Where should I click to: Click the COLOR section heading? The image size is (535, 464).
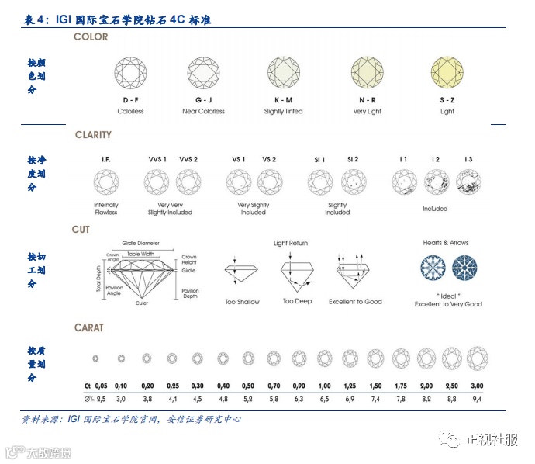(91, 36)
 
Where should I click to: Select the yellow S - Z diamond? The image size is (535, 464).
(447, 73)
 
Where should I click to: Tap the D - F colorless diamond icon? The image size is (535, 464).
(130, 73)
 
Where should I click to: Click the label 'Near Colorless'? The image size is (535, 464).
(203, 112)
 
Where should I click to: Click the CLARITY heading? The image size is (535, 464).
(93, 135)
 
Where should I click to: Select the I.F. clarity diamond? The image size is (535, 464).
(106, 182)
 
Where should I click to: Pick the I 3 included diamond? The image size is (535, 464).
(468, 182)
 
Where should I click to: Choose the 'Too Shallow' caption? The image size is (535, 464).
(242, 302)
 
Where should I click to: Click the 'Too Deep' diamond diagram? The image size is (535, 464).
(297, 272)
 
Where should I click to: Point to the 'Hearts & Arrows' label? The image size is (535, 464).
(446, 243)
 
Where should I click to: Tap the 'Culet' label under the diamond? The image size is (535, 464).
(141, 303)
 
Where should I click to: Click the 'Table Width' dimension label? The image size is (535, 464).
(140, 254)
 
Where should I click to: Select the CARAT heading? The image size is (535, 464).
(88, 327)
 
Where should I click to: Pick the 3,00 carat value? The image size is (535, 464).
(477, 386)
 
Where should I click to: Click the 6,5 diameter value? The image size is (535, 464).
(324, 399)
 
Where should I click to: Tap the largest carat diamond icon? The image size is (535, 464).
(477, 358)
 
